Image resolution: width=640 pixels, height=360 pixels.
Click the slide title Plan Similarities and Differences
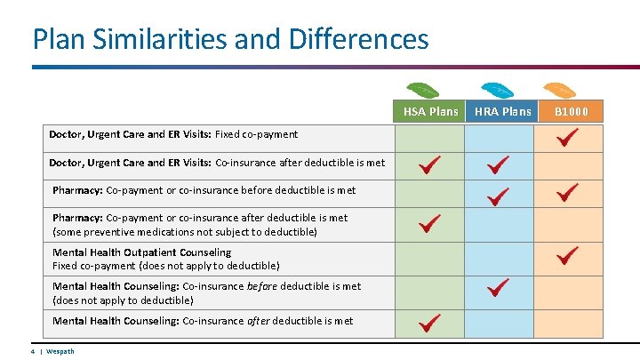point(229,39)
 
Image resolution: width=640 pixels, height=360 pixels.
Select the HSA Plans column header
point(431,111)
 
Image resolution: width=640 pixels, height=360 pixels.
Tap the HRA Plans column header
point(502,111)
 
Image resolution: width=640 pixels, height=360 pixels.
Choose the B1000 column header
point(572,111)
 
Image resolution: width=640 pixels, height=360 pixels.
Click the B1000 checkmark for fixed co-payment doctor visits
point(567,137)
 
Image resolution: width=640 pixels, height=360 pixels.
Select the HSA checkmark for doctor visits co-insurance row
point(430,164)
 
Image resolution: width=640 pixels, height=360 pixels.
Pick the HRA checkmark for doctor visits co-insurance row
point(498,164)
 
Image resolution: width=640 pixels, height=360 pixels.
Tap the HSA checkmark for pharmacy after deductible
point(430,223)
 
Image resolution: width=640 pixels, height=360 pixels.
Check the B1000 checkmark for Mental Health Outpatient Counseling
point(567,256)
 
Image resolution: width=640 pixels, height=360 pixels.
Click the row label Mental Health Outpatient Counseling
point(141,252)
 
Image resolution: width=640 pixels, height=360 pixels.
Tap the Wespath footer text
point(60,351)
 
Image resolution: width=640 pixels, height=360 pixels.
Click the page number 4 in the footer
point(32,351)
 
